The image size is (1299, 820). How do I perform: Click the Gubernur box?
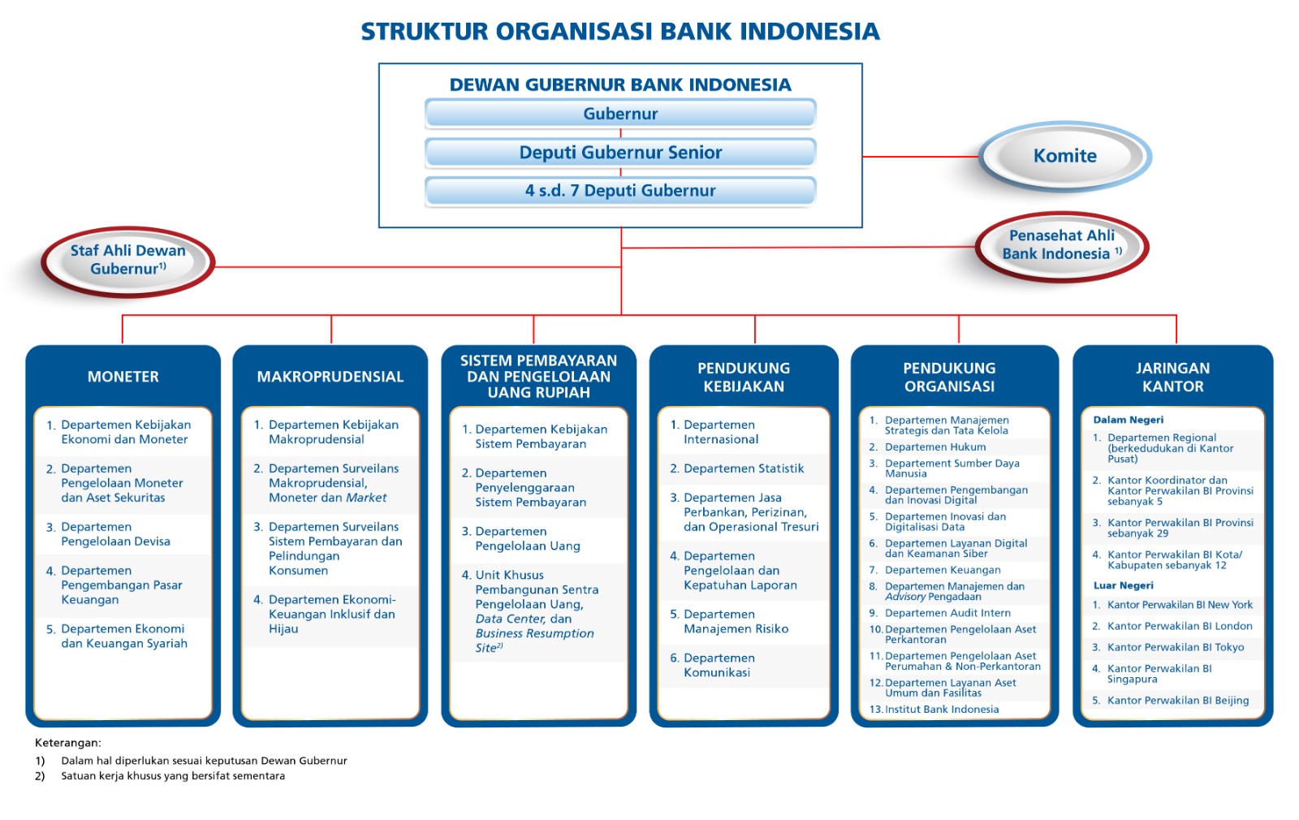[620, 114]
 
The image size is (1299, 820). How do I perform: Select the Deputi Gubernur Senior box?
[620, 153]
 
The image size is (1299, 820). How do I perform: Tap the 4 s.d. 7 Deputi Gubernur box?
[620, 191]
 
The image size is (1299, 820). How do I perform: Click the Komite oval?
[1064, 156]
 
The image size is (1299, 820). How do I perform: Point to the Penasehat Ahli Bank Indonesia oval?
[1061, 244]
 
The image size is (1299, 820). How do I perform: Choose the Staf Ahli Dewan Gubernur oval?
[128, 260]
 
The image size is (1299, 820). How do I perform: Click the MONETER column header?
[123, 377]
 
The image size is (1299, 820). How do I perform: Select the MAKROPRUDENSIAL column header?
[330, 377]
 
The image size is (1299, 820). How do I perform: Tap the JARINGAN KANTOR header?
[1172, 378]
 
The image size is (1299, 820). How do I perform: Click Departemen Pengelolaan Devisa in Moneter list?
[115, 534]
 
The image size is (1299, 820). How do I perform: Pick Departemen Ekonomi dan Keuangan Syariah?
[123, 636]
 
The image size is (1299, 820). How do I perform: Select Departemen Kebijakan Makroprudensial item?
[333, 432]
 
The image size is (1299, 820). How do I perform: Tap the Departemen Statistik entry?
[743, 468]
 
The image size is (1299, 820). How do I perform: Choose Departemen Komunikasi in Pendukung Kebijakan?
[718, 665]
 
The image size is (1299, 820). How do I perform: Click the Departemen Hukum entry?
[934, 447]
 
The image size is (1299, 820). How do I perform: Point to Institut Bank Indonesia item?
[941, 709]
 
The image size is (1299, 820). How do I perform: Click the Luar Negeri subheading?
[1123, 585]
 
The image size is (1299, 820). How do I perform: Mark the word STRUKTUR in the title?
[425, 32]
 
